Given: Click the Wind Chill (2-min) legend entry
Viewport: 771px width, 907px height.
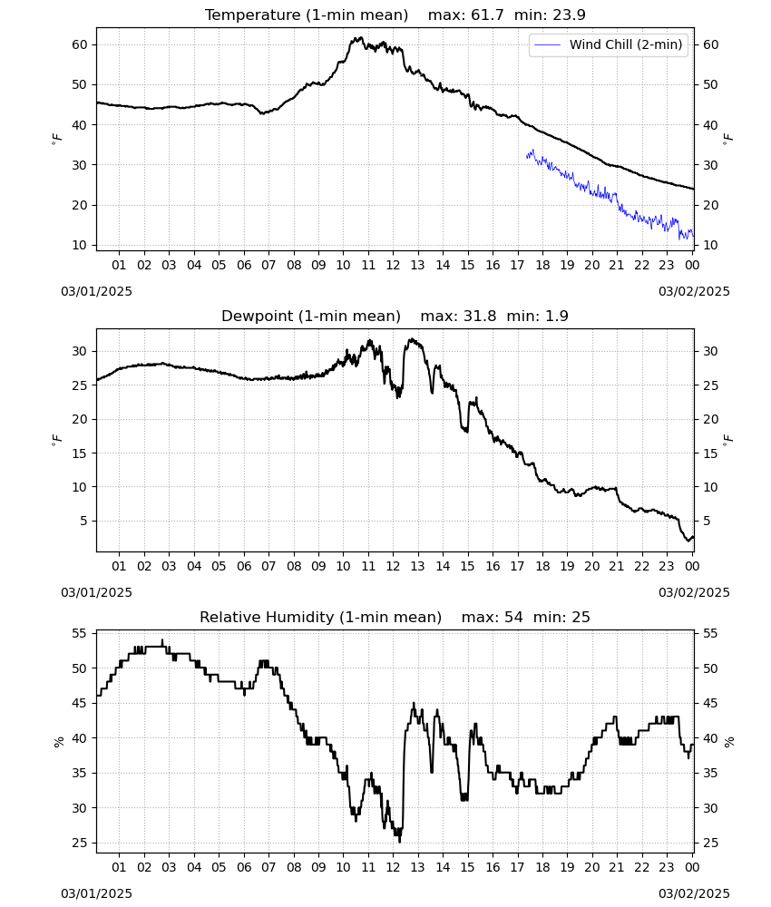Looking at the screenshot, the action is (609, 44).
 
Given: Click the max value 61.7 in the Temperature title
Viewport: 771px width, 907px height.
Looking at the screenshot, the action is (487, 15).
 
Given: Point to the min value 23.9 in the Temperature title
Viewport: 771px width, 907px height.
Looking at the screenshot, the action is (569, 15).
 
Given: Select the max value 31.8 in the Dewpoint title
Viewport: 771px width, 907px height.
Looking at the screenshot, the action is (480, 317).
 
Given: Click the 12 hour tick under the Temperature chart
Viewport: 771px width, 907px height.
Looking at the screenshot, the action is (394, 265).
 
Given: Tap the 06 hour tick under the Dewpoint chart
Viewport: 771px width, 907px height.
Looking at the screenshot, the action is (244, 566).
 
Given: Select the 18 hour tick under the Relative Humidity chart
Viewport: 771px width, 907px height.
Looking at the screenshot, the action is (542, 867).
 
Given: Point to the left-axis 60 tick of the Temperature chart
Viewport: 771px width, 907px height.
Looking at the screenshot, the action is (80, 44).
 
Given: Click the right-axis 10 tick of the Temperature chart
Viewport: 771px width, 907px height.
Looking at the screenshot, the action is (710, 245).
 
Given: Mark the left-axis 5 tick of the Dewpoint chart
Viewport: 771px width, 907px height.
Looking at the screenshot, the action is (83, 522).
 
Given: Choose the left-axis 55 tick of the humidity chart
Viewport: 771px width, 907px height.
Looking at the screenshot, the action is (80, 633).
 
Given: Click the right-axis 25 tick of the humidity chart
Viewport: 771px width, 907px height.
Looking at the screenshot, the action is (710, 843).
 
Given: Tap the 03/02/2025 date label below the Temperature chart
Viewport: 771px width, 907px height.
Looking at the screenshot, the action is (694, 291).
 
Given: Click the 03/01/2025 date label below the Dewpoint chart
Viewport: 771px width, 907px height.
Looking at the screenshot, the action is (96, 593).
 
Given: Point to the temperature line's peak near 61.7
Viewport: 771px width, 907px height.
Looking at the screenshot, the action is (361, 37).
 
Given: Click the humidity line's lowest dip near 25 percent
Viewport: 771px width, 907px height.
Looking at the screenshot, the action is (400, 841).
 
